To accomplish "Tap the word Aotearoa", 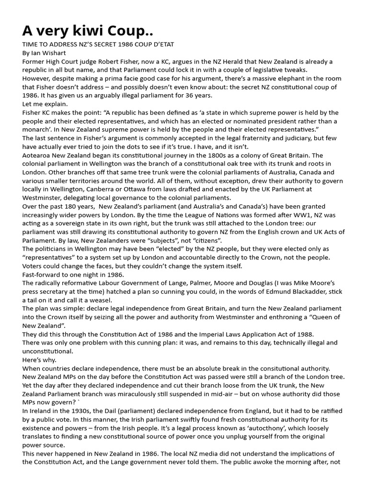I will point(39,156).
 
